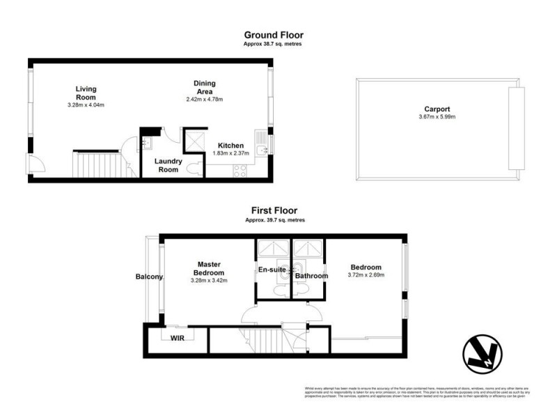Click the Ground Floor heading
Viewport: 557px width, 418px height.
pos(274,34)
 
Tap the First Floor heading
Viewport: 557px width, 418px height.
pos(274,210)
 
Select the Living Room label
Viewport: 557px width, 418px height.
pos(86,93)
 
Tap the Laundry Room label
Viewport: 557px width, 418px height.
pos(168,166)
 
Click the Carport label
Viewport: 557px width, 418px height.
pos(437,109)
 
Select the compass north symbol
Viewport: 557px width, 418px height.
pos(482,355)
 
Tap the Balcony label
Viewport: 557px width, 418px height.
pos(149,277)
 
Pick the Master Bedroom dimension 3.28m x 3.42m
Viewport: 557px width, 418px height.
pos(209,280)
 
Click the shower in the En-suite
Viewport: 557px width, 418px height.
pos(267,249)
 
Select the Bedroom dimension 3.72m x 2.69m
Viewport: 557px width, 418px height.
pos(366,275)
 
